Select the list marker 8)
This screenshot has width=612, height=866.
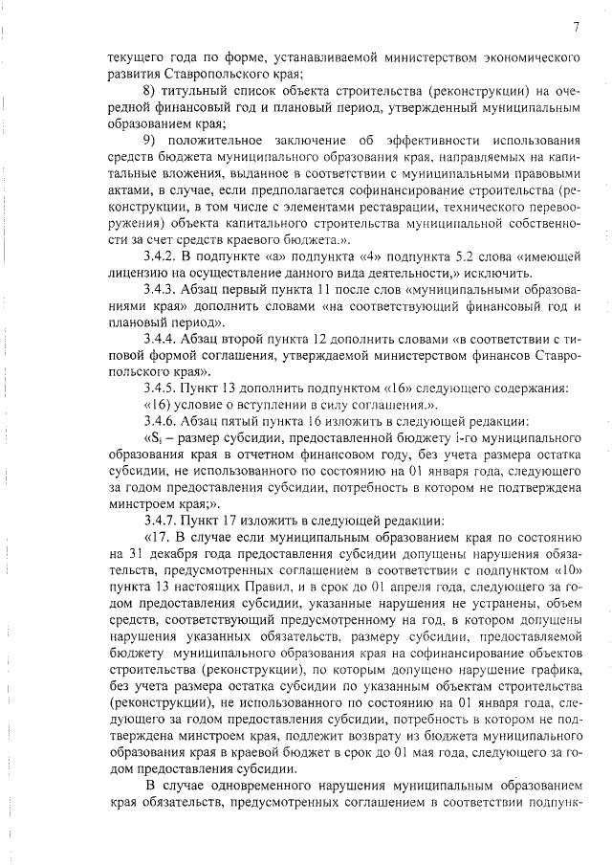pos(150,91)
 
